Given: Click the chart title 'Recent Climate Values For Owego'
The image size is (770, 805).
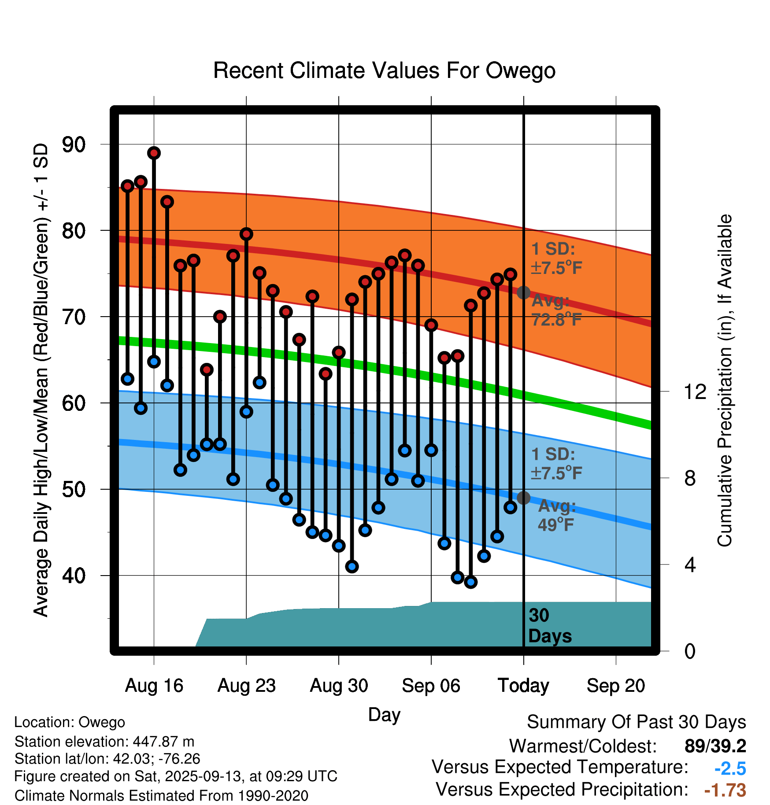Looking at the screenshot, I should (384, 70).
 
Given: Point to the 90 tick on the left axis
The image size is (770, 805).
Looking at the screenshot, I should (74, 144).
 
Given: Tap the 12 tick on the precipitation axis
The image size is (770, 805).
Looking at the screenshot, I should (695, 391).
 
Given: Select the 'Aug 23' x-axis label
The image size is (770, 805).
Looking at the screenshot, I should (246, 686).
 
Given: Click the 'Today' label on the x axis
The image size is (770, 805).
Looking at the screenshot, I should (523, 686).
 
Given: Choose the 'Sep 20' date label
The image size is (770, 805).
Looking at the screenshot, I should (615, 686).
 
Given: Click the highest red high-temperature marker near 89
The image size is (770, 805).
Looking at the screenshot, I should (154, 153).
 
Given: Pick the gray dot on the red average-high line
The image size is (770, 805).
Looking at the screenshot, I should (523, 292).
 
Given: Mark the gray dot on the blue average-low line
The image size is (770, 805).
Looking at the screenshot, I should (523, 498).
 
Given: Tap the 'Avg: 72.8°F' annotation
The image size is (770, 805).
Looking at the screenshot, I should (556, 310).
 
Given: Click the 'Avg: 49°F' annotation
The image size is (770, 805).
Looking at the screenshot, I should (556, 515).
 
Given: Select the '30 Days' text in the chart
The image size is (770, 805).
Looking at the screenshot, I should (549, 626).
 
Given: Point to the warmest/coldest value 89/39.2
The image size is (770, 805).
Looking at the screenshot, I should (715, 746).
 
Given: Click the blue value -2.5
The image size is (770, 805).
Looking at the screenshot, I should (730, 768).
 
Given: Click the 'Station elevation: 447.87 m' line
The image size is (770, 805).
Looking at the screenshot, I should (104, 742).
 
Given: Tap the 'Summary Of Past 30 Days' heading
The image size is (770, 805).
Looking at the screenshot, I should (636, 722).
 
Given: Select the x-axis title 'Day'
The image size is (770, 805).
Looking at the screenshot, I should (384, 714).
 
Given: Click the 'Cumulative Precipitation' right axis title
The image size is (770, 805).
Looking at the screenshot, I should (725, 380).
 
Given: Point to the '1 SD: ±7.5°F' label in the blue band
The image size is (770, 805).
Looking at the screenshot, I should (556, 463).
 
